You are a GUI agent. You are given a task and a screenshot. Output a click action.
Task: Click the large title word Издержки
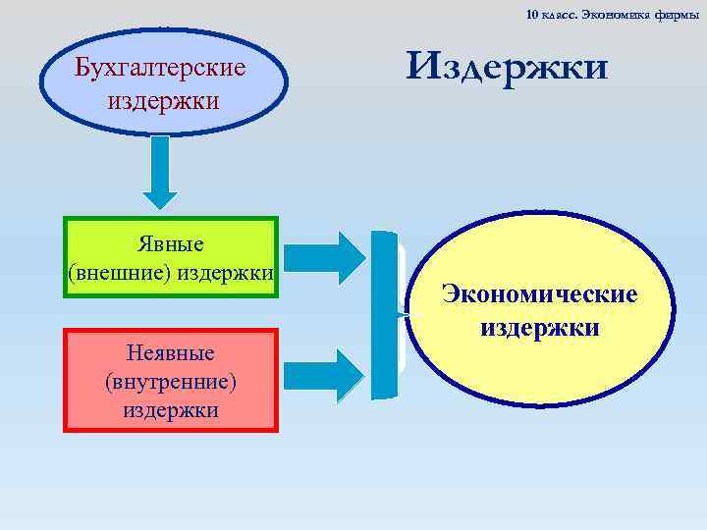pyautogui.click(x=508, y=67)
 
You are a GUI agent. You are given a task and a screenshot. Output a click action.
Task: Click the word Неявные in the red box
pyautogui.click(x=170, y=351)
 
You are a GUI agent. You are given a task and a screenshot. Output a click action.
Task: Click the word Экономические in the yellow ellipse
pyautogui.click(x=539, y=293)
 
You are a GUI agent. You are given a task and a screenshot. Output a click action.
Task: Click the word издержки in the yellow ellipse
pyautogui.click(x=539, y=326)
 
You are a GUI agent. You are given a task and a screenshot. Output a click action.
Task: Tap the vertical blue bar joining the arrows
pyautogui.click(x=383, y=314)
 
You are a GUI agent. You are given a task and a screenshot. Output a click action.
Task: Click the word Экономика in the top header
pyautogui.click(x=615, y=14)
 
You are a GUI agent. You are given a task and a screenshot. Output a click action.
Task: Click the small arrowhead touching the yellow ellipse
pyautogui.click(x=403, y=314)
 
